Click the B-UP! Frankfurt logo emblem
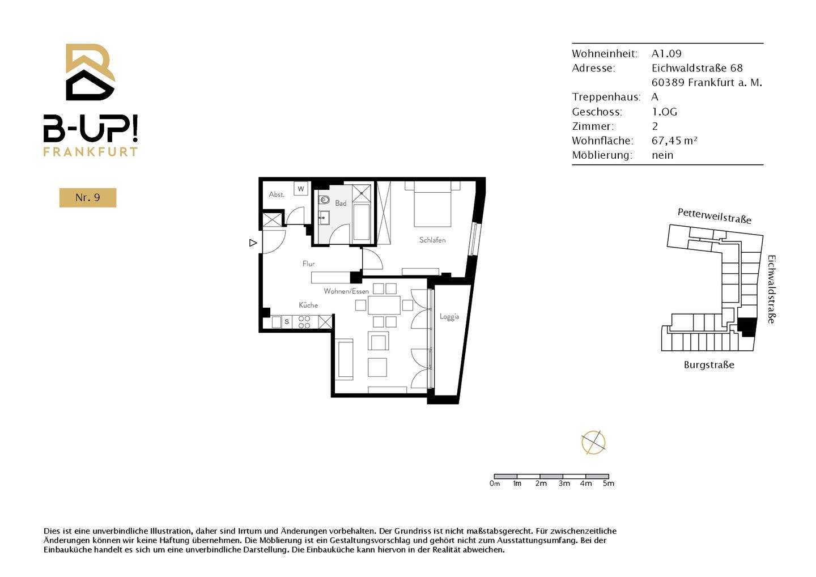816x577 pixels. [90, 72]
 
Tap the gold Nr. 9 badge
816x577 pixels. [88, 197]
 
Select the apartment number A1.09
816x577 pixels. [666, 53]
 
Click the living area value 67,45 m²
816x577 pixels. [674, 141]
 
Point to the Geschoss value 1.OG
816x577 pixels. [664, 112]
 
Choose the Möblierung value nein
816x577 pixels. [662, 155]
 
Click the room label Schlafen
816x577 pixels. [432, 240]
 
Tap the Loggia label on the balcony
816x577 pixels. [449, 316]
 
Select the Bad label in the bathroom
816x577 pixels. [341, 203]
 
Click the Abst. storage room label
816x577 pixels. [277, 194]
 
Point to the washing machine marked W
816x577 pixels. [301, 189]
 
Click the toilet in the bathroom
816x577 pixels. [324, 200]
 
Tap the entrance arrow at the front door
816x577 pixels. [253, 243]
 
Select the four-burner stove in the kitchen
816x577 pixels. [304, 322]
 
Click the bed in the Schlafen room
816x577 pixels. [432, 204]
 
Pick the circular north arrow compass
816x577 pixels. [593, 442]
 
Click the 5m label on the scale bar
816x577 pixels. [608, 483]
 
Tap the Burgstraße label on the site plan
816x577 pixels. [709, 364]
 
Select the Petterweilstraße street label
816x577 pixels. [714, 216]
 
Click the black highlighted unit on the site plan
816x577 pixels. [747, 326]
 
